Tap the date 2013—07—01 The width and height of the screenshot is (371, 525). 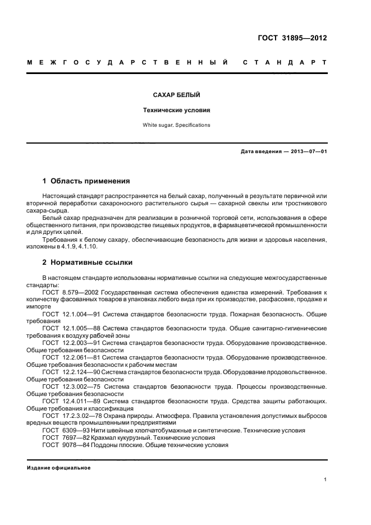click(308, 151)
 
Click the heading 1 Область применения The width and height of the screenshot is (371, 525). click(86, 181)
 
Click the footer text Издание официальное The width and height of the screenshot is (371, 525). click(59, 468)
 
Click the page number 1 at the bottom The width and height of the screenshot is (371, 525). click(326, 480)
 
